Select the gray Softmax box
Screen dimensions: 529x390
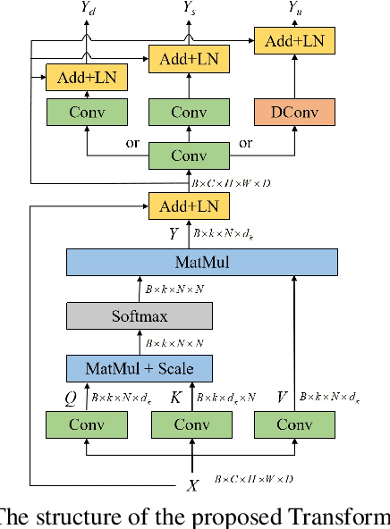click(140, 315)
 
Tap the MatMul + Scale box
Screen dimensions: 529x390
click(140, 368)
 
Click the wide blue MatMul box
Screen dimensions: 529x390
click(202, 263)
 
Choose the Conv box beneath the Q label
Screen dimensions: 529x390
click(86, 424)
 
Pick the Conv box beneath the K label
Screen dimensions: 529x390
click(191, 424)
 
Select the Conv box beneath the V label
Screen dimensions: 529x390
click(293, 424)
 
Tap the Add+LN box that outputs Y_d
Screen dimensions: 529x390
click(86, 78)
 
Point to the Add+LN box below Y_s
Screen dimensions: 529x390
click(188, 59)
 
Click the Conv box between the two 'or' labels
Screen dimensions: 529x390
click(188, 155)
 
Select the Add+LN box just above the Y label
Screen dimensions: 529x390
click(188, 206)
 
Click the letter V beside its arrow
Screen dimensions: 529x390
click(283, 396)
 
